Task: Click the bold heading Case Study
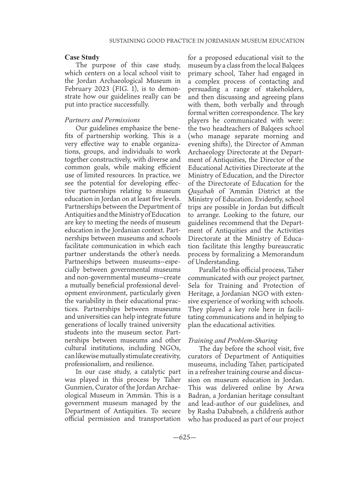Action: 82,58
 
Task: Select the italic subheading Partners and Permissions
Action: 102,120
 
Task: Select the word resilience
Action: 137,364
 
